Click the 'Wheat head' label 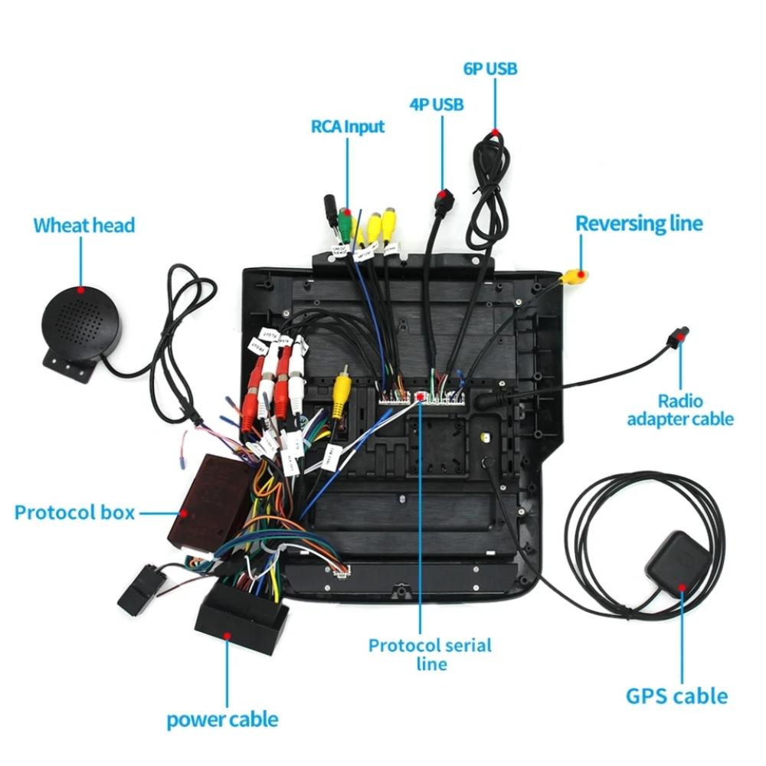point(83,225)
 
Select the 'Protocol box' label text point(74,512)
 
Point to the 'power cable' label point(222,719)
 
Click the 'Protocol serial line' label point(430,653)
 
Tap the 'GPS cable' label point(676,696)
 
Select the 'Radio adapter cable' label point(680,410)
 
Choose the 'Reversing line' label point(639,224)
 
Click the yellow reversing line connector point(574,277)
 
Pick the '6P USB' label point(490,69)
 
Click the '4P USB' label point(437,104)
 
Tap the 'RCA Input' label point(348,126)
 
